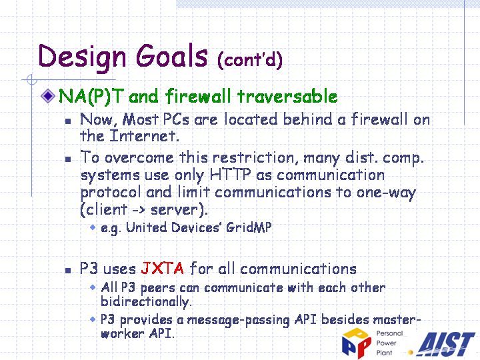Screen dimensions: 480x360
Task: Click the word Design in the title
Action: pyautogui.click(x=82, y=57)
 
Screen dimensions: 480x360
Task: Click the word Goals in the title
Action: pyautogui.click(x=172, y=56)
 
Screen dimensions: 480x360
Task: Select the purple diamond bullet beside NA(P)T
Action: pyautogui.click(x=48, y=95)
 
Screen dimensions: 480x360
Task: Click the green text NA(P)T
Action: pyautogui.click(x=91, y=96)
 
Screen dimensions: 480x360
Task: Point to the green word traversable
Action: pyautogui.click(x=287, y=96)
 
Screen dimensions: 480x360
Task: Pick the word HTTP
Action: pyautogui.click(x=230, y=175)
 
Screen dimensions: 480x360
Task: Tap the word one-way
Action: pyautogui.click(x=386, y=193)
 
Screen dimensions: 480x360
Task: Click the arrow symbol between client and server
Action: pyautogui.click(x=139, y=210)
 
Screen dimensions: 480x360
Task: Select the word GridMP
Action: pyautogui.click(x=249, y=227)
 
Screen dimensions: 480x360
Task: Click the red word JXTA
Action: pyautogui.click(x=162, y=269)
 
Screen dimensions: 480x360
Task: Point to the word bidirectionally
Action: pyautogui.click(x=146, y=302)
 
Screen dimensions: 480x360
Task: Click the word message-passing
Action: pyautogui.click(x=238, y=320)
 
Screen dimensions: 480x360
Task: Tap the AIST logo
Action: pyautogui.click(x=447, y=344)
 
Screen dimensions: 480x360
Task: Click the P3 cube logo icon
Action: pyautogui.click(x=357, y=343)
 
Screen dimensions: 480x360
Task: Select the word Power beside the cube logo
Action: pyautogui.click(x=386, y=343)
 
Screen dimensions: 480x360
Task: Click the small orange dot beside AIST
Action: pyautogui.click(x=411, y=353)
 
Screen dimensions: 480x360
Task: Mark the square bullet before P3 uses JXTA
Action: pyautogui.click(x=68, y=270)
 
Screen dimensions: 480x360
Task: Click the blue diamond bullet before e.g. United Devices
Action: pyautogui.click(x=93, y=227)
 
